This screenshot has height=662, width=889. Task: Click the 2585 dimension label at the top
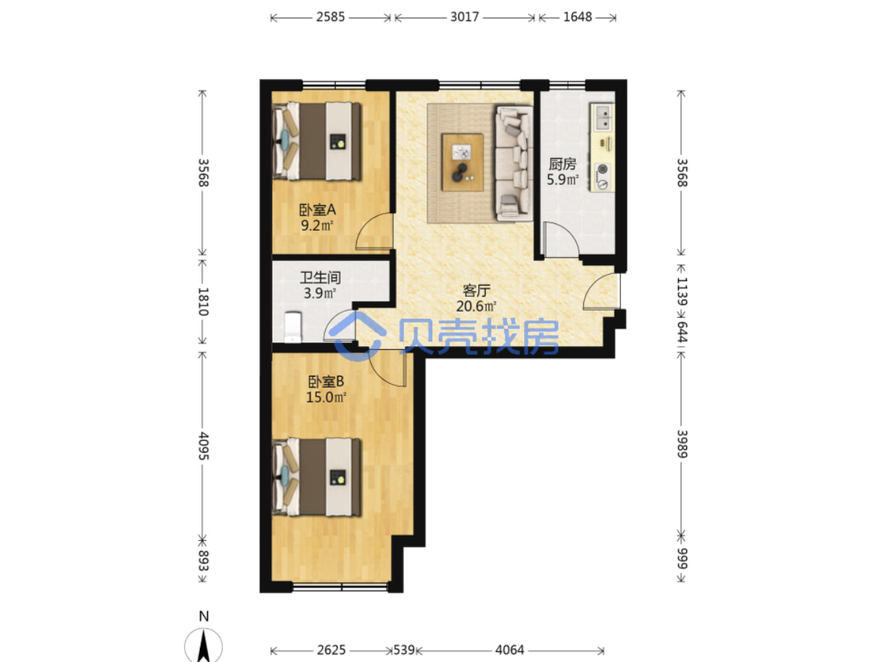pos(330,17)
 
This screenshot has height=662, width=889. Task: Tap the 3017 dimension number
pos(465,17)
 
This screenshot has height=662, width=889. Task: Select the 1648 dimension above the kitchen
pos(577,17)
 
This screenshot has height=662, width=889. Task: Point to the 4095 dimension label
pos(204,446)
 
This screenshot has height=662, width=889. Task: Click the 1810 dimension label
pos(204,302)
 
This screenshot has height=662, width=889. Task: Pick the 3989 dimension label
pos(682,444)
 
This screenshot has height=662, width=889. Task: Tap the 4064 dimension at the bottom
pos(509,650)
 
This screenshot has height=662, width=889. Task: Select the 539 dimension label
pos(404,650)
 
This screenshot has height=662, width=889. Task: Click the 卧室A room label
pos(318,209)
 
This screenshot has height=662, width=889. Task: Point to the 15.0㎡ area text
pos(326,397)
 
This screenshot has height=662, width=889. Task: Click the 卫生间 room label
pos(320,277)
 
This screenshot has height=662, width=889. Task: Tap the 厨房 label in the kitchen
pos(562,164)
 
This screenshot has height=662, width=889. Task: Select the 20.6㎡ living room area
pos(476,306)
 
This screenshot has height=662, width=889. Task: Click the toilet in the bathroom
pos(292,327)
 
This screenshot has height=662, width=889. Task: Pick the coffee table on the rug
pos(463,162)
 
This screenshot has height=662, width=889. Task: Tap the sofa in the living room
pos(514,163)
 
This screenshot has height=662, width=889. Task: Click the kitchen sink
pos(603,117)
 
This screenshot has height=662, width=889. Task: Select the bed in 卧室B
pos(317,478)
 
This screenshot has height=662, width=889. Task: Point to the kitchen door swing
pos(561,239)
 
